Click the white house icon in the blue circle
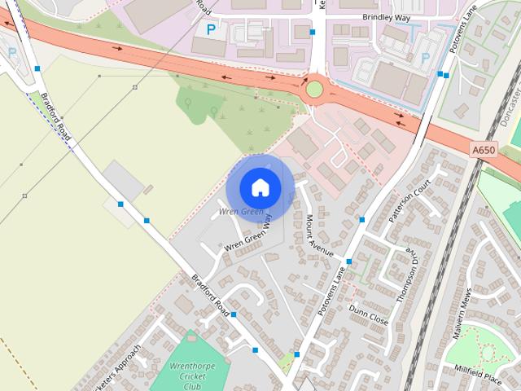click(259, 187)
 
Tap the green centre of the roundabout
click(314, 89)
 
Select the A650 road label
click(483, 150)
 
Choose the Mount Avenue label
click(319, 235)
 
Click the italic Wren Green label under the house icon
click(241, 212)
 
